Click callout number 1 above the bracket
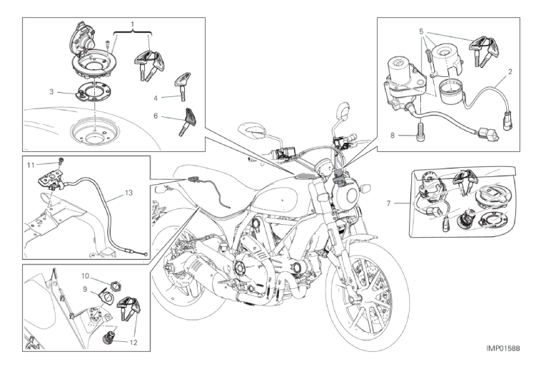pyautogui.click(x=132, y=24)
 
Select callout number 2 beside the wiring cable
pyautogui.click(x=510, y=72)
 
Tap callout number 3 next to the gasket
pyautogui.click(x=51, y=91)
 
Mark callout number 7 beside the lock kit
pyautogui.click(x=389, y=204)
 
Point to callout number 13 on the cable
pyautogui.click(x=128, y=193)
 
